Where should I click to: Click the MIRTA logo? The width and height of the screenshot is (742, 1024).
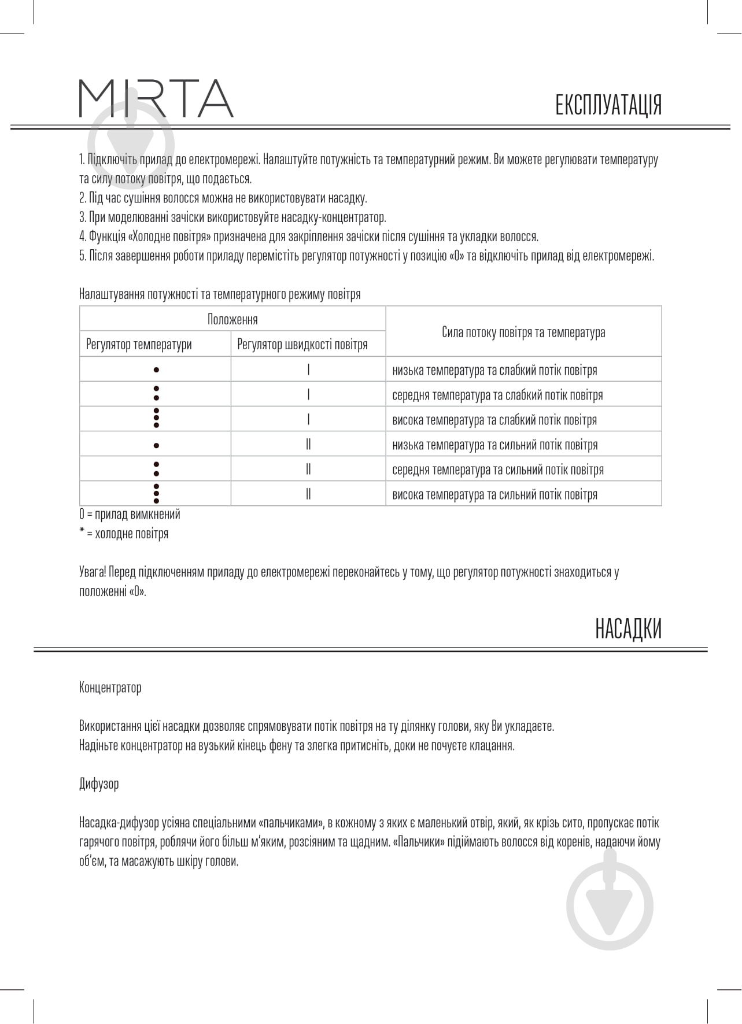pyautogui.click(x=156, y=99)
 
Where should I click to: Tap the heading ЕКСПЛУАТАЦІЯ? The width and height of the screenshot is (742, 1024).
pyautogui.click(x=608, y=105)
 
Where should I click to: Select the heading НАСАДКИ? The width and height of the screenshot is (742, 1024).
pyautogui.click(x=628, y=629)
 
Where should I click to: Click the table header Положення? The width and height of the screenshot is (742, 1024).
pyautogui.click(x=232, y=319)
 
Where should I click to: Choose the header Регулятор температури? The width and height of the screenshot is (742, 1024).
pyautogui.click(x=139, y=345)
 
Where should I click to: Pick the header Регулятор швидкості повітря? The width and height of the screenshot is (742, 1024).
pyautogui.click(x=302, y=345)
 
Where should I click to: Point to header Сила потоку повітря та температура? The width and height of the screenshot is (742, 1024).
pyautogui.click(x=523, y=332)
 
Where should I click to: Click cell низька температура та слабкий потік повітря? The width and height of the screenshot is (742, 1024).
pyautogui.click(x=494, y=370)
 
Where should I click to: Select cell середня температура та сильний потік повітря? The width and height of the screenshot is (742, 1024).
pyautogui.click(x=497, y=470)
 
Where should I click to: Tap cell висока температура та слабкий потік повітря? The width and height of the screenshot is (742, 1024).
pyautogui.click(x=494, y=420)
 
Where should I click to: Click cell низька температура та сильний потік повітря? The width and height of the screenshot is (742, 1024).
pyautogui.click(x=494, y=445)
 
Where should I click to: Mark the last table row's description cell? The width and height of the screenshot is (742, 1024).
pyautogui.click(x=494, y=494)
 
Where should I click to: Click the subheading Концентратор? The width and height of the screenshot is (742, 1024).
pyautogui.click(x=110, y=687)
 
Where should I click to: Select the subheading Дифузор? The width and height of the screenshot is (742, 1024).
pyautogui.click(x=99, y=784)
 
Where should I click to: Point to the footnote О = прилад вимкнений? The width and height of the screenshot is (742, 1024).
pyautogui.click(x=130, y=514)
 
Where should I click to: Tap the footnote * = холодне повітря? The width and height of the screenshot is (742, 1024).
pyautogui.click(x=124, y=534)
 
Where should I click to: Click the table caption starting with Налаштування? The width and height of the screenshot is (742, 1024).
pyautogui.click(x=220, y=294)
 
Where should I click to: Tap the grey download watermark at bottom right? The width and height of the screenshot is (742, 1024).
pyautogui.click(x=610, y=906)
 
